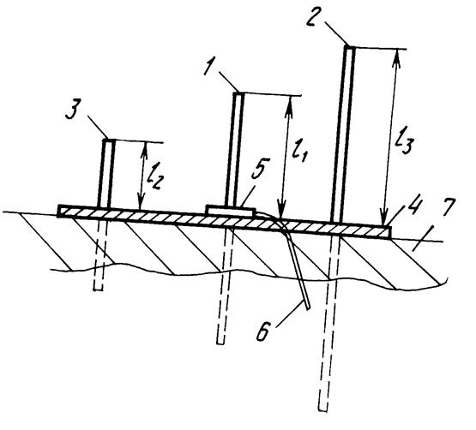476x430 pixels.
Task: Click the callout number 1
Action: click(x=211, y=68)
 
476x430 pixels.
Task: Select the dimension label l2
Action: click(x=154, y=178)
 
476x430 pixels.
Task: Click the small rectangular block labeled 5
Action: click(x=230, y=210)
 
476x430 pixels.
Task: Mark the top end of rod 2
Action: click(x=349, y=47)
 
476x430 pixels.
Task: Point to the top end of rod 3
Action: click(x=109, y=140)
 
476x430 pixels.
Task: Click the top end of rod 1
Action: click(x=238, y=93)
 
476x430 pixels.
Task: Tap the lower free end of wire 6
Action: click(x=308, y=308)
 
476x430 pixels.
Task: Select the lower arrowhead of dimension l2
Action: click(x=140, y=202)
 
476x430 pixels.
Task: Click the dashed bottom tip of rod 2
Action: click(x=323, y=409)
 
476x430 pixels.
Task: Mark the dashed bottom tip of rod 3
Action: click(x=98, y=289)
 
